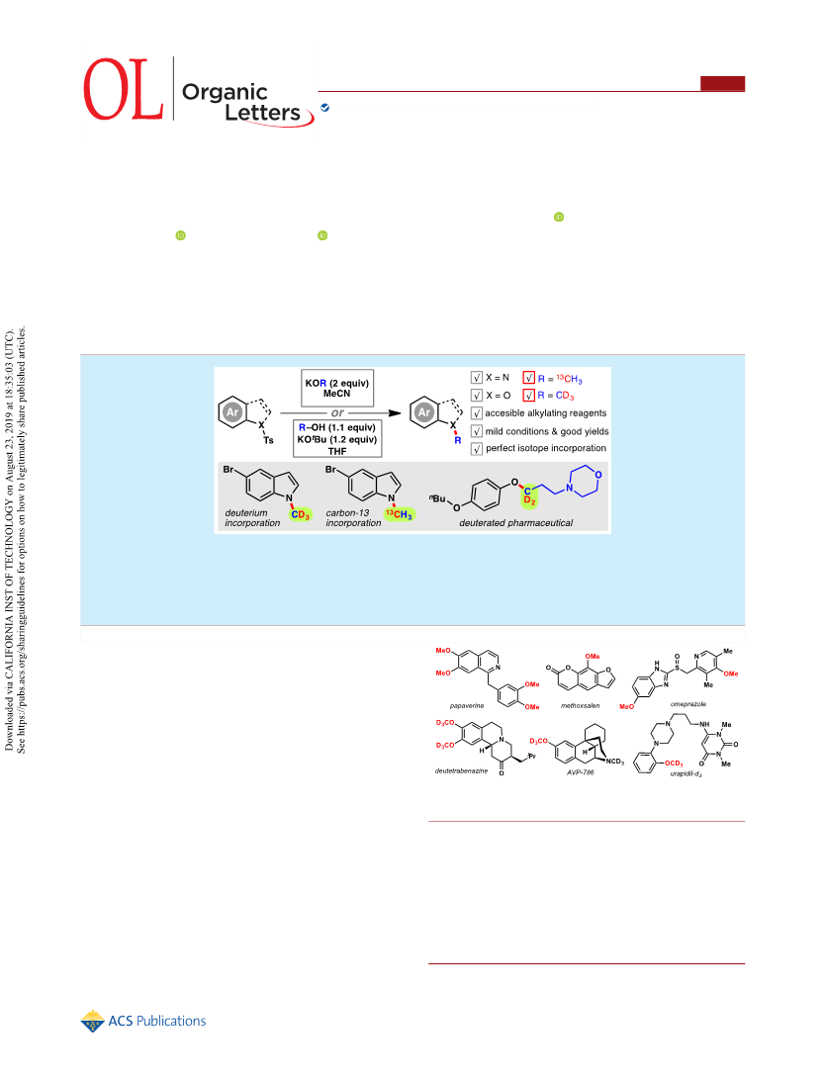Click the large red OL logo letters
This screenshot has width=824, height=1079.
pos(124,89)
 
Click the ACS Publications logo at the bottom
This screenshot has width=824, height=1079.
pos(143,1021)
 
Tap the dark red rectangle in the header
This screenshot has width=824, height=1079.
pos(722,83)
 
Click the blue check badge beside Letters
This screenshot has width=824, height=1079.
pos(324,108)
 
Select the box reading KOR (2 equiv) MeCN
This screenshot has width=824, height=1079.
pos(337,388)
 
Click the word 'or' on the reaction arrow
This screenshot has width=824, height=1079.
pos(337,412)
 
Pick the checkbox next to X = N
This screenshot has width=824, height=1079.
pos(477,377)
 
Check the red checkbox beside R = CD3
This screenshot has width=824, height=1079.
pos(528,395)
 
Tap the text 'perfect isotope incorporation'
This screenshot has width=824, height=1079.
pos(546,448)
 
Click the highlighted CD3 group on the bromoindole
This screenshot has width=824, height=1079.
pos(300,514)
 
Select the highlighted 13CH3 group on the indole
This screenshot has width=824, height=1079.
pos(400,514)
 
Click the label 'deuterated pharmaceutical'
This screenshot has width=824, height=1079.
pos(515,523)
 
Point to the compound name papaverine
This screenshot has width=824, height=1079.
pos(467,705)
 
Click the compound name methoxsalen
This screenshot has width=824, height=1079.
pos(581,705)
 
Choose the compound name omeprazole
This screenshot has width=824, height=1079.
pos(688,704)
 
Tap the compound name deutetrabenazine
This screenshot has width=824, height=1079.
pos(461,770)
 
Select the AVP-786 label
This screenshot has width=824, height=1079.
pos(581,772)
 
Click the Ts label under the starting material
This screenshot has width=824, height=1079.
pos(268,440)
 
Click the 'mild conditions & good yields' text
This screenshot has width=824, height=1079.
pos(547,431)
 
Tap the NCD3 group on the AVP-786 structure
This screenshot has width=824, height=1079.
pos(614,762)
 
